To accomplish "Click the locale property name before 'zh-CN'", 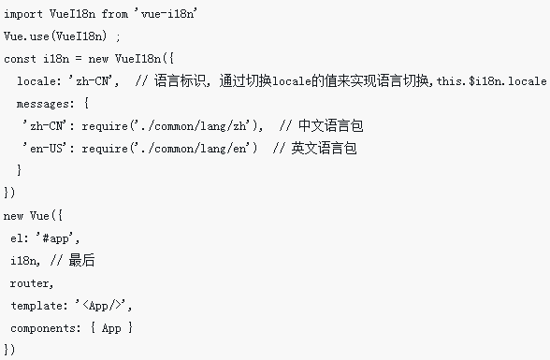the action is tap(38, 81).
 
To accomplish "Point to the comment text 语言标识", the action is tap(179, 81).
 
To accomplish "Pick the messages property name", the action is tap(45, 104).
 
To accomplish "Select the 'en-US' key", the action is tap(48, 148).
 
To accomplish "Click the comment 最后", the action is tap(83, 260).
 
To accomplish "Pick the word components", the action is tap(45, 327).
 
